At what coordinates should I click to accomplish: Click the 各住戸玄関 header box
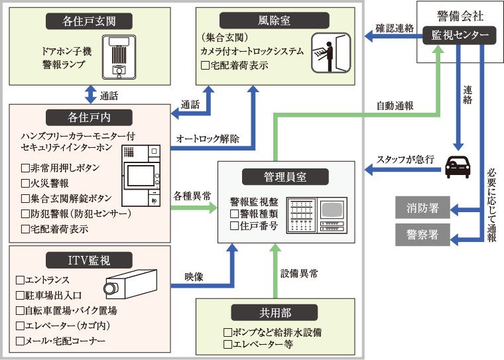tap(88, 21)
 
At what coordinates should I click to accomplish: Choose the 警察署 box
tap(422, 235)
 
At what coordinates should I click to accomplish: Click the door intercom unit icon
tap(119, 55)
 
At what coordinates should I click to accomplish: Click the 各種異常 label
tap(192, 196)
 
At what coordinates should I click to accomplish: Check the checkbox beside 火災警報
tap(25, 183)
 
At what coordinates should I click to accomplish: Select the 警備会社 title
tap(460, 14)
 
